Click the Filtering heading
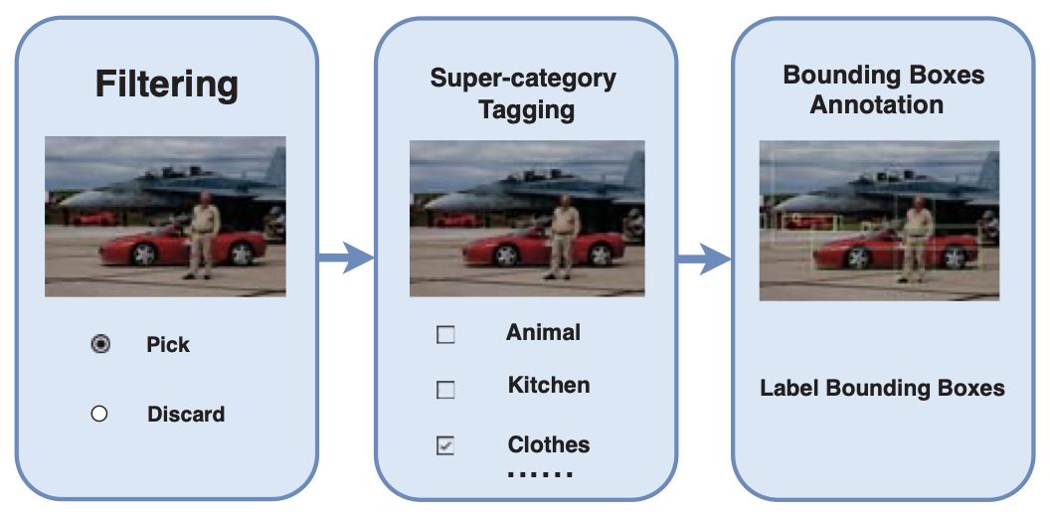pos(166,84)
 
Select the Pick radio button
pos(99,345)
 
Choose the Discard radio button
pos(98,414)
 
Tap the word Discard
pos(186,414)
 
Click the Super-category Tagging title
pos(524,93)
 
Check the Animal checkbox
pos(445,335)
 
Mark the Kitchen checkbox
pos(445,390)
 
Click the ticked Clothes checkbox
pos(445,446)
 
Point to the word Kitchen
pos(548,385)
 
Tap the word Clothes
pos(548,444)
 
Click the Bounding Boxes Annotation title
pos(883,89)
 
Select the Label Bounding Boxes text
pos(882,388)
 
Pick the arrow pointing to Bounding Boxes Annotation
pos(704,260)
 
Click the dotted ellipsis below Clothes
pos(540,474)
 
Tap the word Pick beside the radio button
pos(167,345)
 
